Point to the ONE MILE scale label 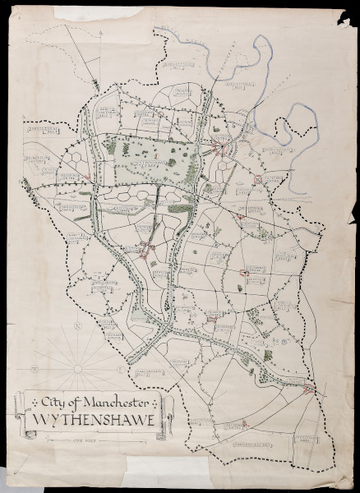[x=80, y=440]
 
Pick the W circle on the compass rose [x=34, y=370]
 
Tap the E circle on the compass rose [x=119, y=370]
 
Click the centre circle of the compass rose [x=76, y=370]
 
